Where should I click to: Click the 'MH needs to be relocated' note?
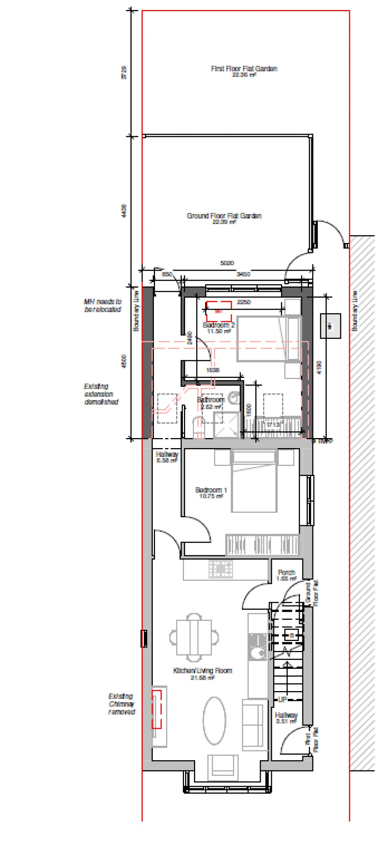tap(103, 305)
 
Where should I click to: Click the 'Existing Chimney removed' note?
tap(121, 704)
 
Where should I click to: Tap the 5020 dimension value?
tap(227, 263)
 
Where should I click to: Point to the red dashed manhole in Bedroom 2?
tap(218, 311)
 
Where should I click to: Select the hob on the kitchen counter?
tap(221, 569)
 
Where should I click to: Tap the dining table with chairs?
tap(194, 637)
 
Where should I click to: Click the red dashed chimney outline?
tap(156, 709)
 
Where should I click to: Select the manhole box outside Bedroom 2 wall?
tap(330, 326)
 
